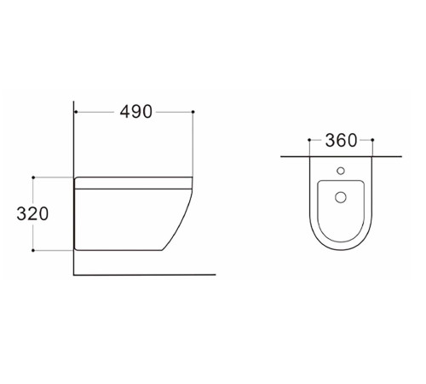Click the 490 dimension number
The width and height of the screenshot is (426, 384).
point(134,112)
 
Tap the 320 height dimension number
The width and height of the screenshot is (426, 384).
point(32,213)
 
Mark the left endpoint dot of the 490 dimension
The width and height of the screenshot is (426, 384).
point(75,112)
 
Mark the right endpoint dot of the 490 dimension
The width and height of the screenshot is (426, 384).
point(194,112)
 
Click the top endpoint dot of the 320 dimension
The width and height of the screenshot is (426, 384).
point(32,177)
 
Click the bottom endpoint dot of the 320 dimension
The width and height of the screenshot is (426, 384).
point(32,251)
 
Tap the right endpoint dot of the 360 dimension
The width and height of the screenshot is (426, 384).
point(373,140)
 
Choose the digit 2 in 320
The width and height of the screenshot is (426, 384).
point(32,213)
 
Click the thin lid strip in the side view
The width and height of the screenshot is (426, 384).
point(134,182)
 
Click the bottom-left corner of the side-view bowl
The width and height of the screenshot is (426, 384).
point(78,248)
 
